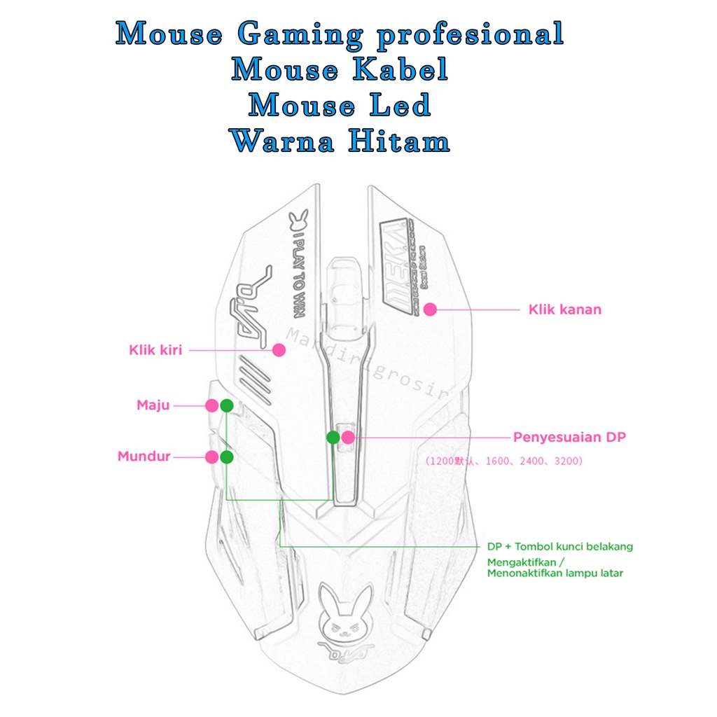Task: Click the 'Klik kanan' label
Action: [x=564, y=309]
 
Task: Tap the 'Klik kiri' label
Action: [x=155, y=350]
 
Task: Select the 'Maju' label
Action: [x=153, y=405]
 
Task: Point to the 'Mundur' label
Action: [x=144, y=457]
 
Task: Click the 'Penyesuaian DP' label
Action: [x=569, y=438]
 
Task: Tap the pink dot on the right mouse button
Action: [x=430, y=309]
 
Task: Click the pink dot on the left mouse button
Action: [x=279, y=350]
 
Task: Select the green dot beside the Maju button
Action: [x=226, y=405]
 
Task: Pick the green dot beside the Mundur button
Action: [x=226, y=457]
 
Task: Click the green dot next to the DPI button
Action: [x=333, y=438]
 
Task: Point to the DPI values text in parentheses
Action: [x=503, y=461]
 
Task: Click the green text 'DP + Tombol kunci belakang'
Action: [x=560, y=546]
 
